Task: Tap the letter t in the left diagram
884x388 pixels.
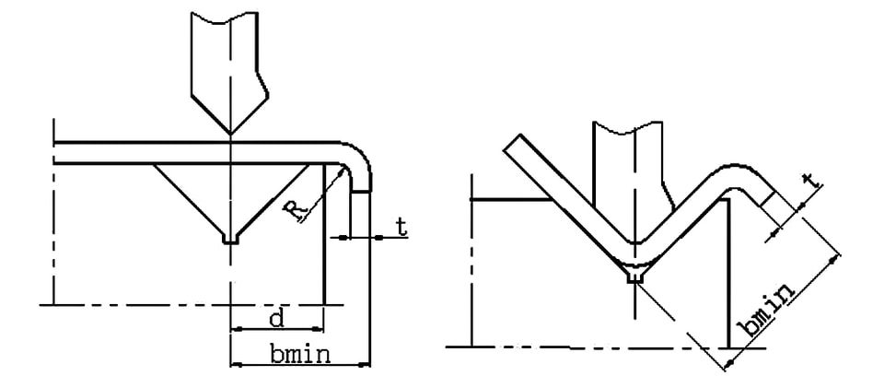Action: (401, 227)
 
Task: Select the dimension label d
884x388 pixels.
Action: (275, 319)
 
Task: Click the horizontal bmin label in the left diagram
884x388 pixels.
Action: (299, 355)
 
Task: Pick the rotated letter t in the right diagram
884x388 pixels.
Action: (810, 181)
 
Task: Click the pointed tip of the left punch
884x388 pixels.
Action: (230, 135)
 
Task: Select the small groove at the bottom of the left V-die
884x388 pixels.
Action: (230, 240)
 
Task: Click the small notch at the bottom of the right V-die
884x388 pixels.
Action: (635, 276)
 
